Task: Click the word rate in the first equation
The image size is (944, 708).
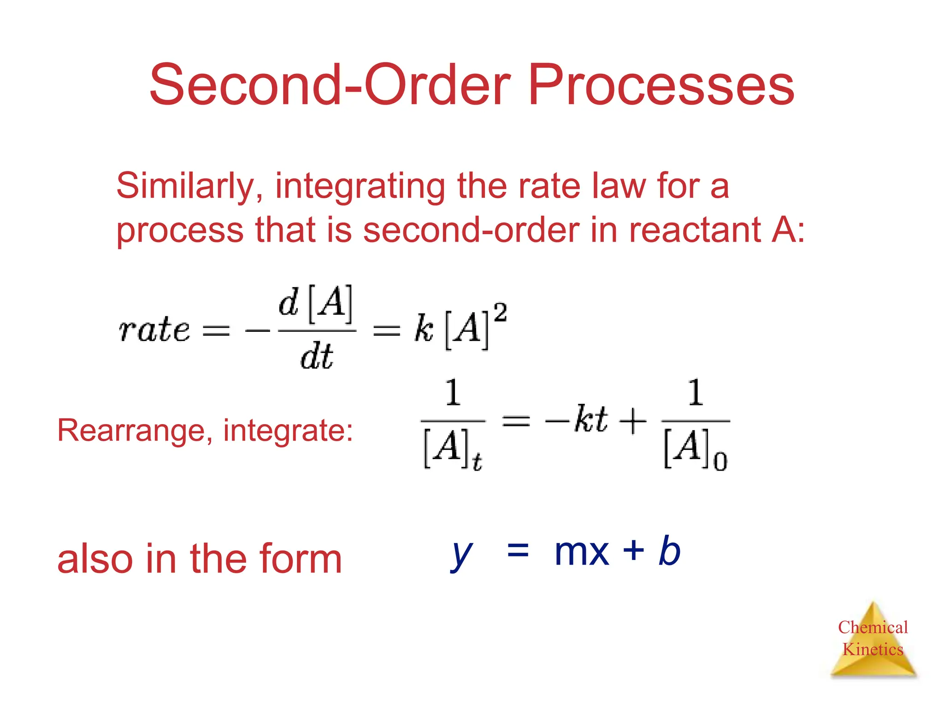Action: click(x=154, y=330)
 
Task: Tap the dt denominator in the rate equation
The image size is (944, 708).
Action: click(x=316, y=357)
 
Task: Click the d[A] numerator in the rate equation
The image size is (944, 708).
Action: click(x=316, y=304)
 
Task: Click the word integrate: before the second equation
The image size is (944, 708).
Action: click(x=288, y=431)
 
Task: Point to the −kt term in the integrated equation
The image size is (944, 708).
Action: click(x=576, y=419)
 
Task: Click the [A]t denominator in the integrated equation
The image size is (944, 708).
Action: click(x=452, y=449)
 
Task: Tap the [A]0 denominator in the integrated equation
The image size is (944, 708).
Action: click(x=695, y=449)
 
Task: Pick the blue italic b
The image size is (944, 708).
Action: click(x=670, y=550)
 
